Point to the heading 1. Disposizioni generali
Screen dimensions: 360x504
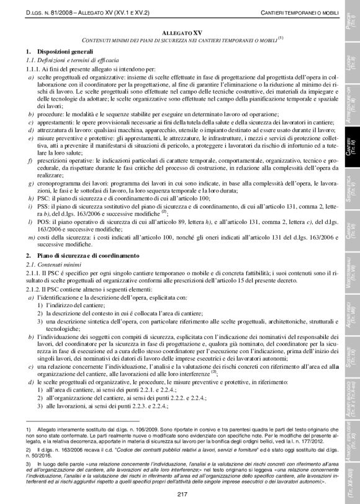[x=56, y=50]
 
